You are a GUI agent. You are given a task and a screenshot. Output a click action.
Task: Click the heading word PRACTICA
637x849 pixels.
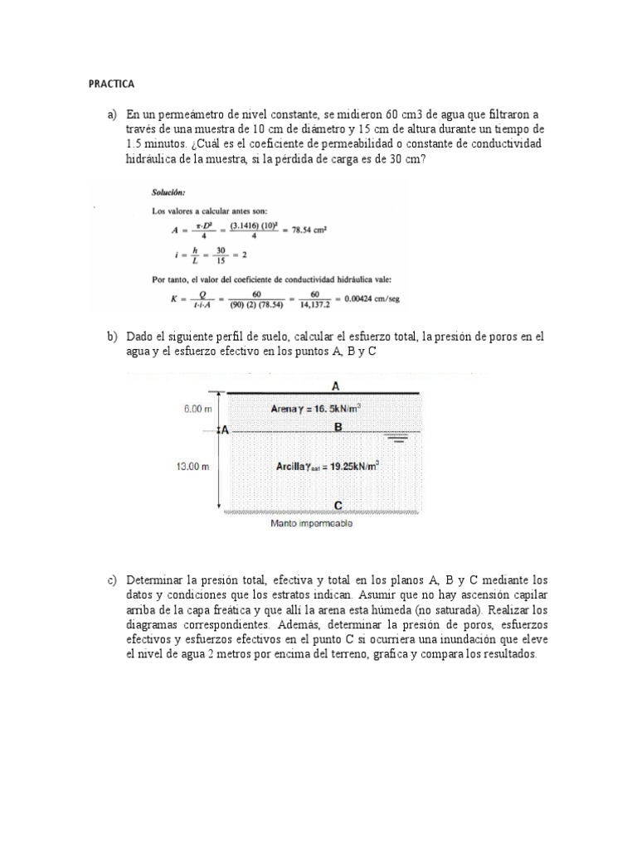[x=111, y=85]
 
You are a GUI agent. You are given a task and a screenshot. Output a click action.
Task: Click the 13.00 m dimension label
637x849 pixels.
[x=192, y=467]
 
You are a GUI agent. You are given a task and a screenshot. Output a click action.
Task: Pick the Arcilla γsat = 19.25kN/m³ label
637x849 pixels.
[x=328, y=467]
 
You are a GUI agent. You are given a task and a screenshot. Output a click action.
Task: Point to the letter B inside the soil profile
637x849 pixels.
[x=337, y=426]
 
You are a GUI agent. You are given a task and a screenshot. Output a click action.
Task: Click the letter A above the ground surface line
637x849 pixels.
[x=335, y=386]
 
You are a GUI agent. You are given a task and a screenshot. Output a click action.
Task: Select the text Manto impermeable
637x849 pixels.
[x=312, y=524]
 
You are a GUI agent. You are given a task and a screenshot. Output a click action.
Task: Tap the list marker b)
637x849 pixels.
[x=112, y=337]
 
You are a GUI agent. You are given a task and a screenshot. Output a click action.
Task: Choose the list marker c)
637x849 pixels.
[x=112, y=580]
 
